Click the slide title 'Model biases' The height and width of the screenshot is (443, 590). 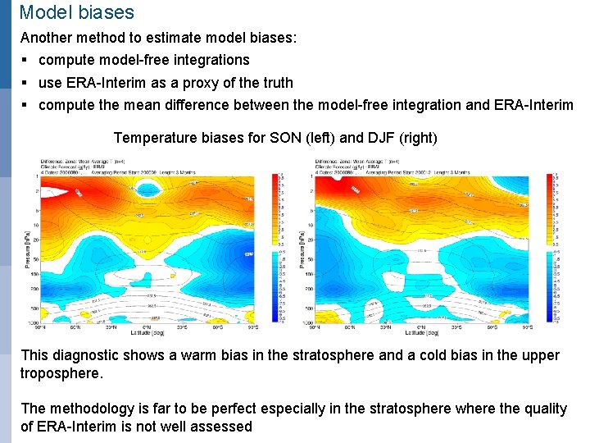click(76, 12)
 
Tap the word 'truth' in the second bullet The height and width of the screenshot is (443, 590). click(275, 83)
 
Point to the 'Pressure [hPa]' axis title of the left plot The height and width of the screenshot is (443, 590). click(26, 249)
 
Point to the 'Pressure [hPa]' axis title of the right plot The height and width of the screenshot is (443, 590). click(302, 249)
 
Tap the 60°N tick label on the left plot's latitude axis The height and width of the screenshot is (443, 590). click(75, 327)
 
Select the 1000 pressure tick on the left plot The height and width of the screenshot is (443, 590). click(34, 322)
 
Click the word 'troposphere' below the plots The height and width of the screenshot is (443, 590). click(61, 373)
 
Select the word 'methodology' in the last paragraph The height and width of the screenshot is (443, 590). click(89, 409)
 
